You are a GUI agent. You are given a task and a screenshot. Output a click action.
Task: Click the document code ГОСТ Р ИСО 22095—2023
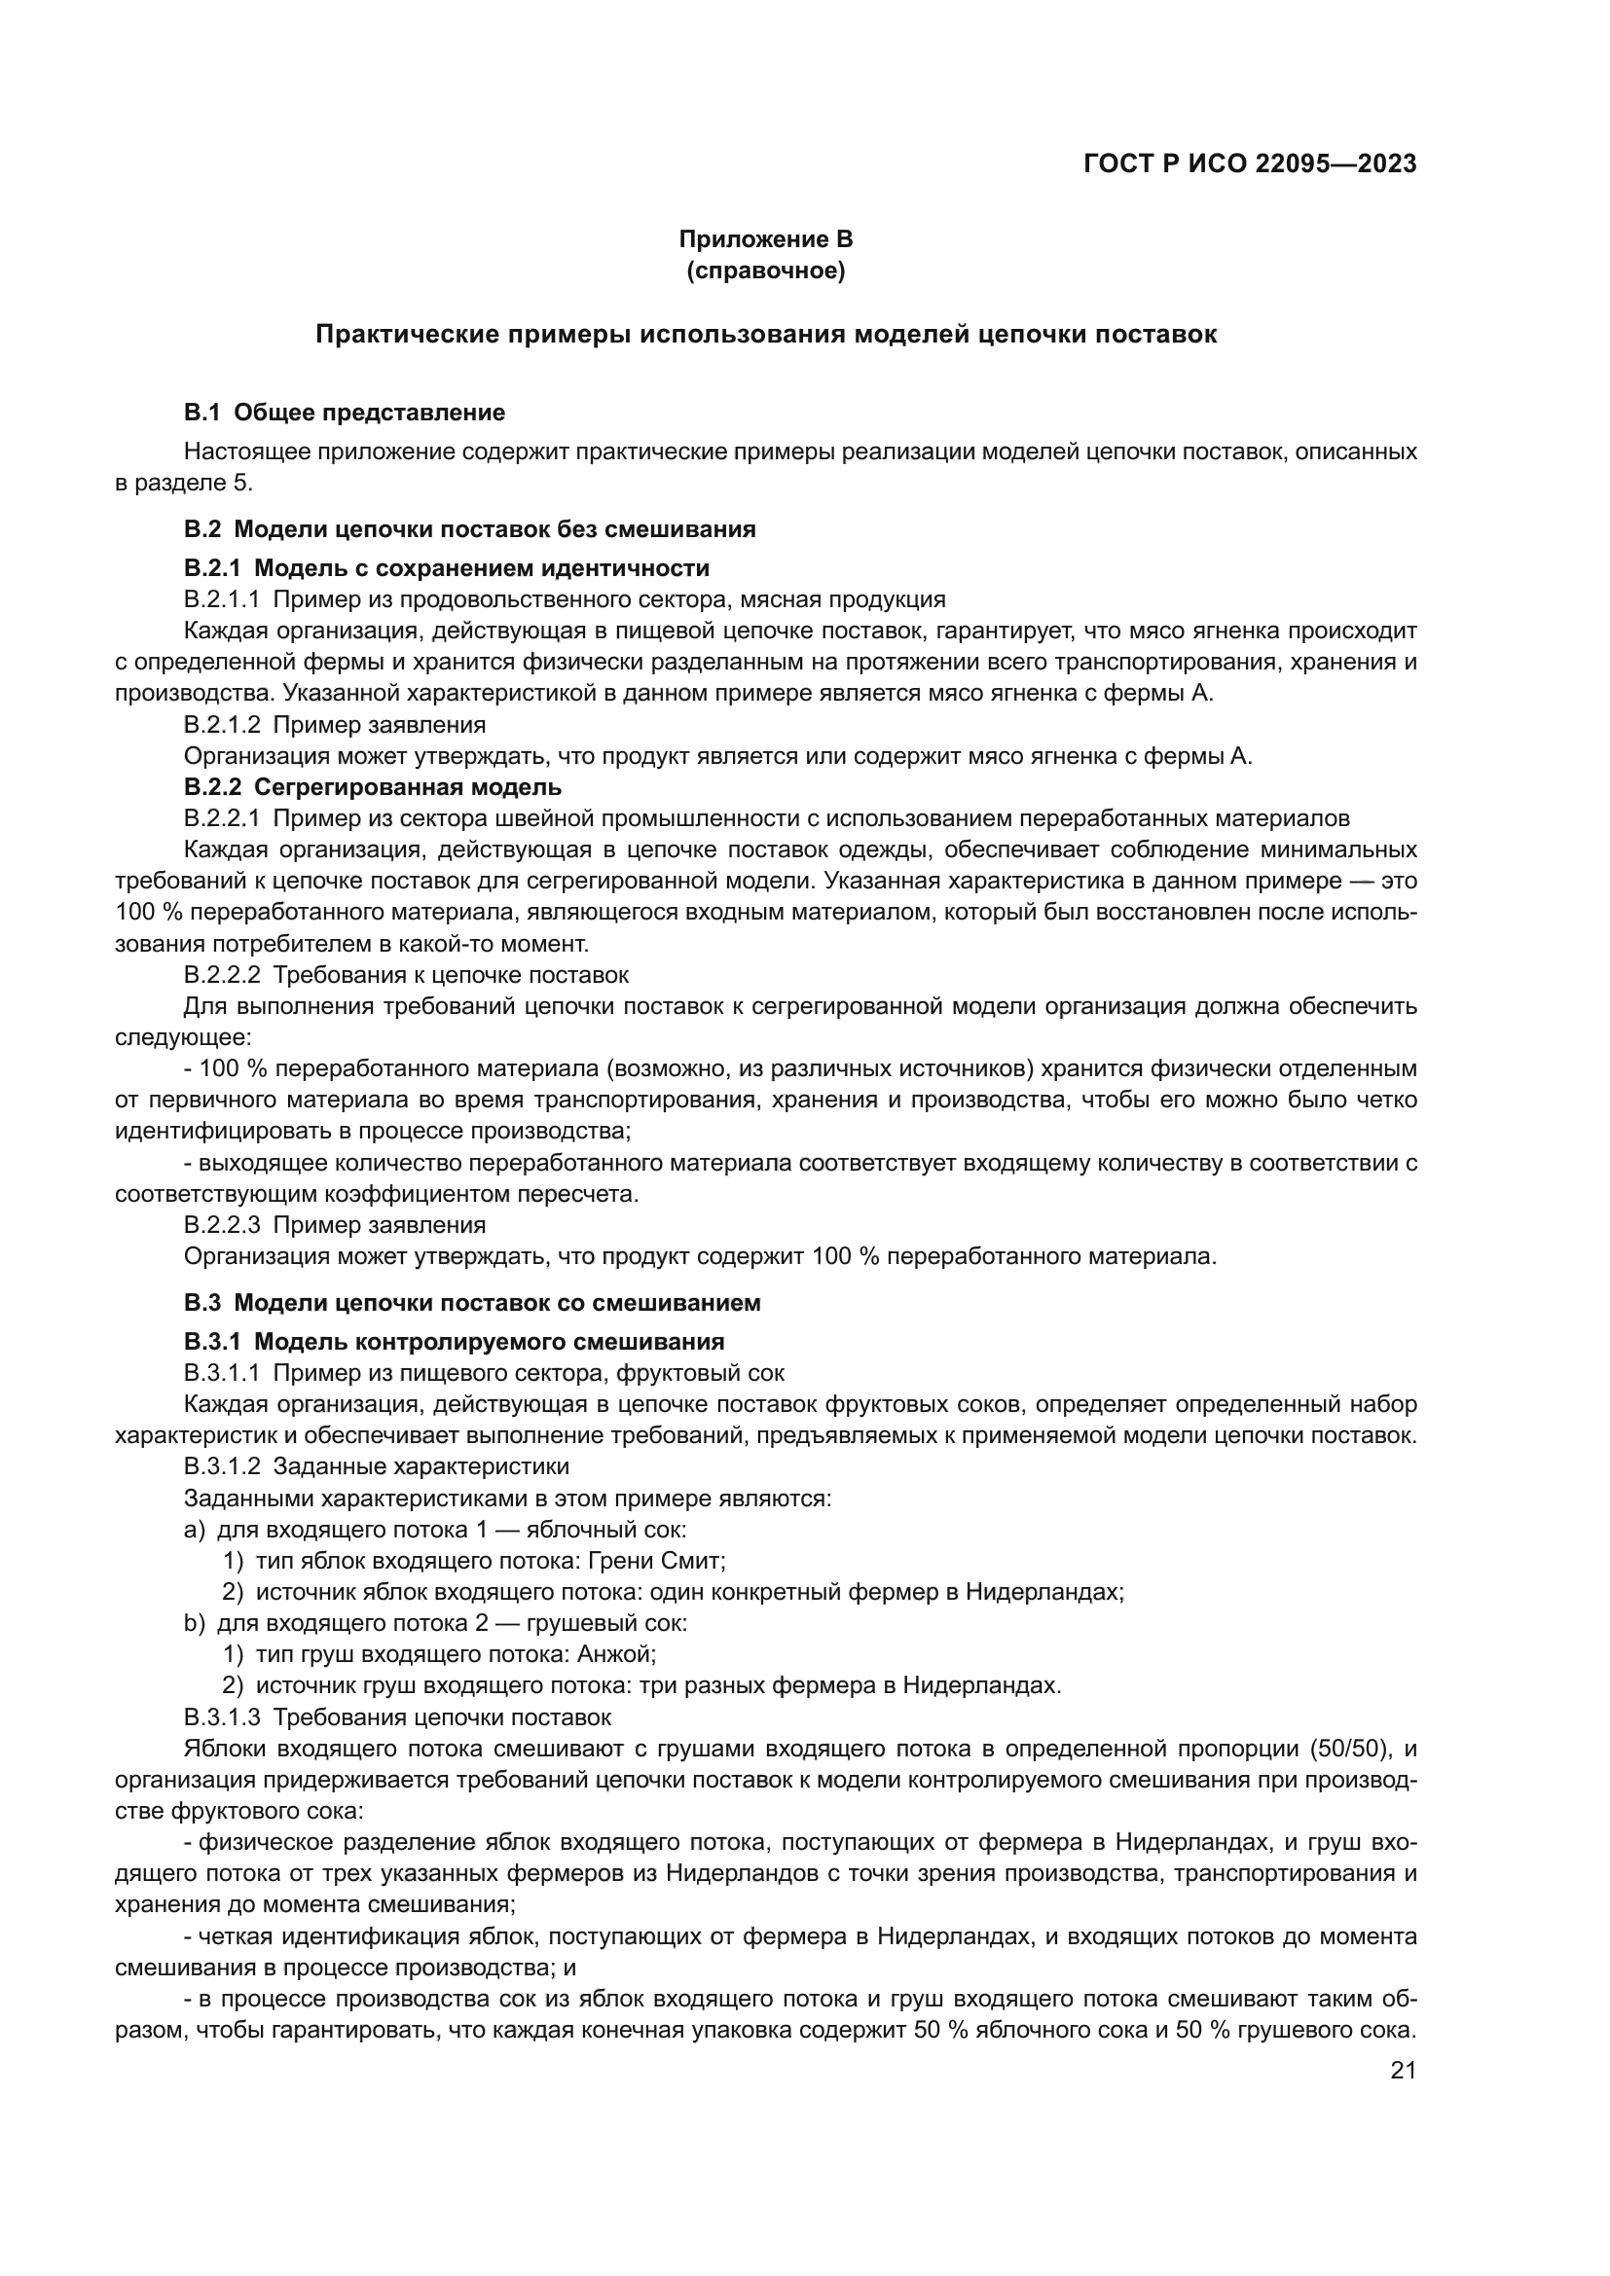(x=1250, y=164)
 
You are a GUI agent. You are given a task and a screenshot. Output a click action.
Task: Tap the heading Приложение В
(x=765, y=239)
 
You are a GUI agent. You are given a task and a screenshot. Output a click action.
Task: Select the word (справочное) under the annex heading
(x=765, y=271)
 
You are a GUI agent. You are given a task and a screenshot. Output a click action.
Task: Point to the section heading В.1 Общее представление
(x=344, y=413)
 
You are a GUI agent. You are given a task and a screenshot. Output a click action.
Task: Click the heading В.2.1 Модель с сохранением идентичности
(x=446, y=568)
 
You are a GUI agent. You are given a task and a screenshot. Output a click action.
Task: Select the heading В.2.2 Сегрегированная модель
(x=373, y=787)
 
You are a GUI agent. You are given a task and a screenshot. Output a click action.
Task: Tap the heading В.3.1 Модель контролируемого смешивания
(x=454, y=1341)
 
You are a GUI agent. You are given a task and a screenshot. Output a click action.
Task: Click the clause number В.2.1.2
(x=222, y=725)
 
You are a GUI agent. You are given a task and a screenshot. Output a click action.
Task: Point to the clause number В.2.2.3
(x=222, y=1225)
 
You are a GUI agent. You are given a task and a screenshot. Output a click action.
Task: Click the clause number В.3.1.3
(x=222, y=1716)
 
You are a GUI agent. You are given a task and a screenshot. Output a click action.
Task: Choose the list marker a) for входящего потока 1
(x=195, y=1530)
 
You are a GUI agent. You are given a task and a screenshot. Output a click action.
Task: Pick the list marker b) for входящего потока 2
(x=195, y=1624)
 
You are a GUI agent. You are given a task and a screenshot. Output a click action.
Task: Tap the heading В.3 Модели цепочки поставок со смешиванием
(x=472, y=1303)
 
